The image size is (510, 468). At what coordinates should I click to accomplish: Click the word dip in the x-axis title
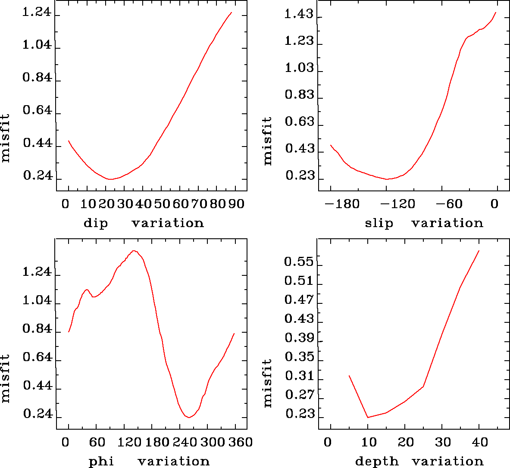tap(96, 223)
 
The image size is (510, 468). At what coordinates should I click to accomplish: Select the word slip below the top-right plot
tap(379, 223)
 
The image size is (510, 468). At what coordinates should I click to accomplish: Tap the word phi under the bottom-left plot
tap(101, 462)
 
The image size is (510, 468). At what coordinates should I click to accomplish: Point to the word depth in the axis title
tap(377, 462)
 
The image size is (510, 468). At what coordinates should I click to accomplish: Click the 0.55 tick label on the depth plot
tap(299, 262)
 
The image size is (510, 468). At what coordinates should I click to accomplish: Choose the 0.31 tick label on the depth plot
tap(299, 377)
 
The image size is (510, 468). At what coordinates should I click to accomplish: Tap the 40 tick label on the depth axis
tap(479, 442)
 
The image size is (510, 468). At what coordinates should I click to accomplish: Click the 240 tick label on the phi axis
tap(183, 442)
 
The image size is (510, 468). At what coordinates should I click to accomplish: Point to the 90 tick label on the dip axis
tap(236, 203)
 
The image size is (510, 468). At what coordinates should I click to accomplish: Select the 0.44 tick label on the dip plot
tap(38, 144)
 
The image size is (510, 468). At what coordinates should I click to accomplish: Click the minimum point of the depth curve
tap(368, 417)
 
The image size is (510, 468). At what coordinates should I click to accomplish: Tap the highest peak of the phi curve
tap(134, 251)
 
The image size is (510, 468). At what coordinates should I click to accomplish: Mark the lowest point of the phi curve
tap(189, 418)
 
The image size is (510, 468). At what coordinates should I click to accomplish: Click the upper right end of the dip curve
tap(232, 12)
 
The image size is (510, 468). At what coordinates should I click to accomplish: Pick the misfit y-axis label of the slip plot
tap(268, 141)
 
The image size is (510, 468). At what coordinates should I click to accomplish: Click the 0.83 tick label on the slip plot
tap(299, 95)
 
